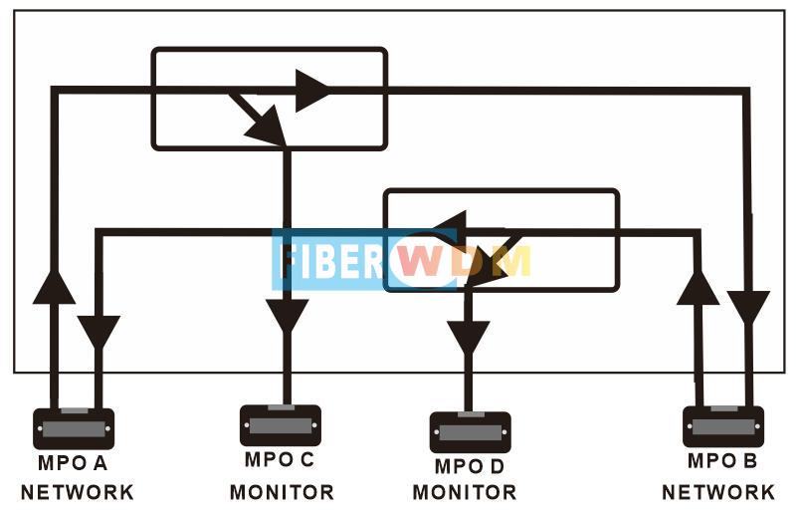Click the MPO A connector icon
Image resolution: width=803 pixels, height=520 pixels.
pos(74,428)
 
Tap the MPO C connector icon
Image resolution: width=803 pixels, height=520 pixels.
pos(281,425)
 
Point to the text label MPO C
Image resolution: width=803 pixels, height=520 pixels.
pos(280,460)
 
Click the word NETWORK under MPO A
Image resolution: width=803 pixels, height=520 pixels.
pos(77,492)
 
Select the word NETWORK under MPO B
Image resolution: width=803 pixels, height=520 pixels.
pos(718,492)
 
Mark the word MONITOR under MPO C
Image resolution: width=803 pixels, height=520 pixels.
pos(283,492)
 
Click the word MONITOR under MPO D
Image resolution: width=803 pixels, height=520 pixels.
pos(466,492)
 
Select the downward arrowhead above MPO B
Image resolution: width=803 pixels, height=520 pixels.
pos(748,304)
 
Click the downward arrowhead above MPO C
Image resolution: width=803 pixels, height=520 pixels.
pos(287,316)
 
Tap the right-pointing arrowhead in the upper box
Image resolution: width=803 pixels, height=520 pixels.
pos(311,90)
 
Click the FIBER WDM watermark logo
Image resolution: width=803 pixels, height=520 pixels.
pos(403,260)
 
